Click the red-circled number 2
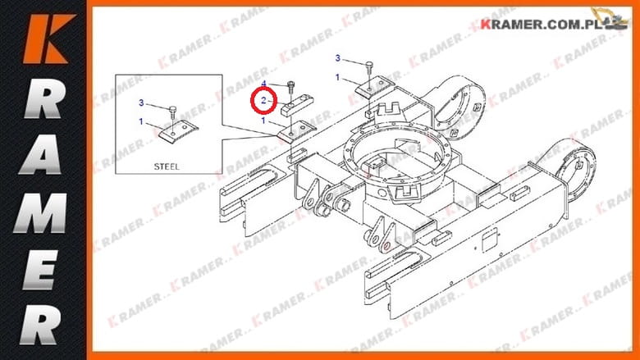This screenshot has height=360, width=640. click(263, 100)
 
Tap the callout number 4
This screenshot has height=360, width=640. click(263, 84)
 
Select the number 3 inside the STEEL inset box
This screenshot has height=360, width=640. click(141, 103)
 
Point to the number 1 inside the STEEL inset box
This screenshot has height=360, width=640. click(141, 121)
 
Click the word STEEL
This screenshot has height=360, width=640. click(167, 166)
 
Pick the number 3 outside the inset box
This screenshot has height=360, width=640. click(337, 58)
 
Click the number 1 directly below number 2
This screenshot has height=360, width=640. click(263, 121)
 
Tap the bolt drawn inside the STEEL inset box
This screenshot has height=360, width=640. click(173, 112)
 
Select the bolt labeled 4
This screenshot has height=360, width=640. click(290, 87)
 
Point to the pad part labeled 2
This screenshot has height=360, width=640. click(297, 104)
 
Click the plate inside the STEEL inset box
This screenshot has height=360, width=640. click(178, 131)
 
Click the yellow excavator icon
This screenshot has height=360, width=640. click(611, 19)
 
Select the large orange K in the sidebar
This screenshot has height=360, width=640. click(48, 39)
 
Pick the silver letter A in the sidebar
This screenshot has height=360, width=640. click(42, 154)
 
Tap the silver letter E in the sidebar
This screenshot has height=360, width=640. click(39, 270)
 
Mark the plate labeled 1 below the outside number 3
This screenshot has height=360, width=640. click(374, 86)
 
